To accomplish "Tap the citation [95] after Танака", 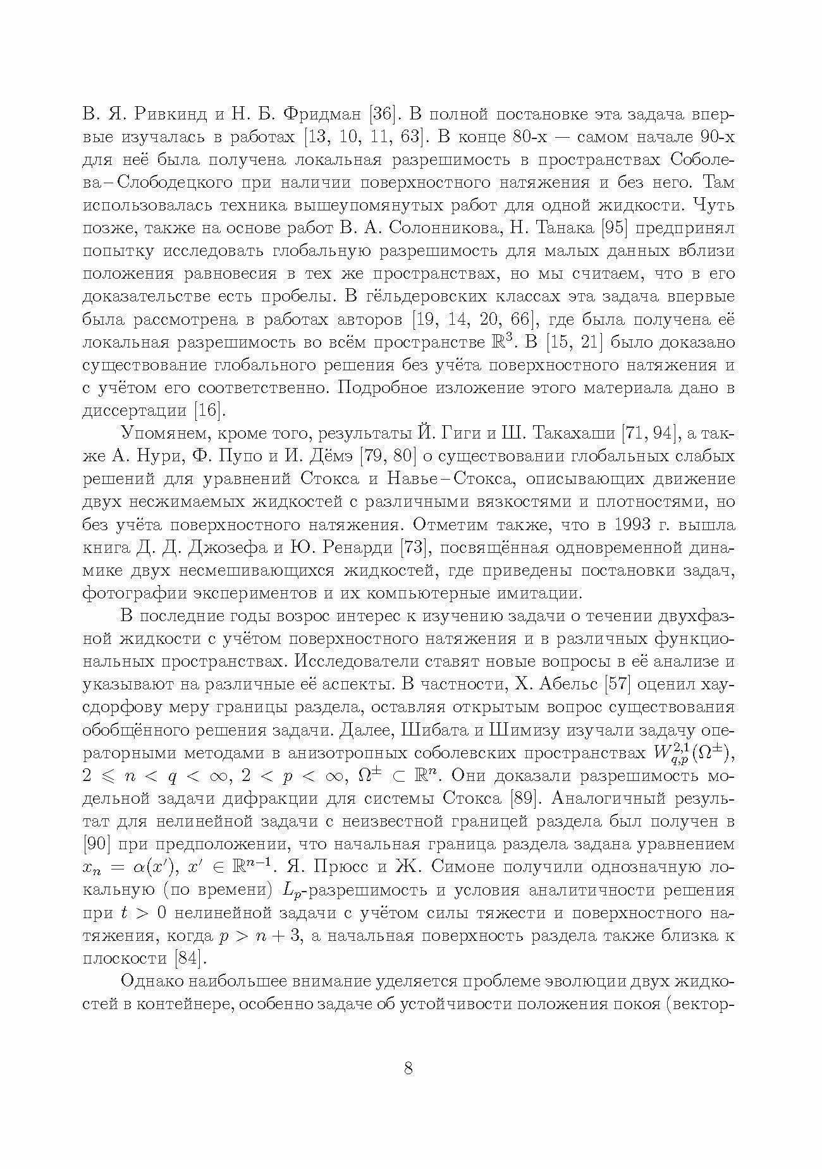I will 608,229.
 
